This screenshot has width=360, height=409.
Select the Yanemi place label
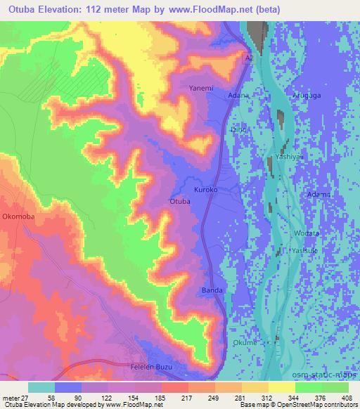(201, 89)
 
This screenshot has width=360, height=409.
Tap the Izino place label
(239, 129)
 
